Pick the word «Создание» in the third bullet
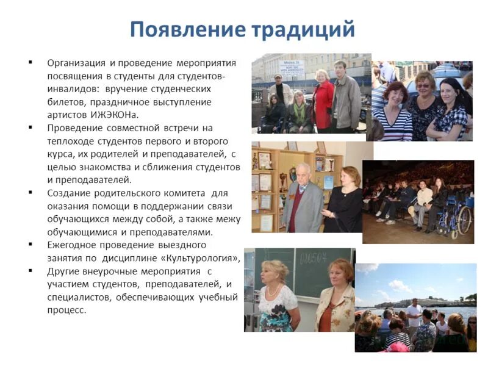(68, 193)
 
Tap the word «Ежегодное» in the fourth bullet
(71, 245)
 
